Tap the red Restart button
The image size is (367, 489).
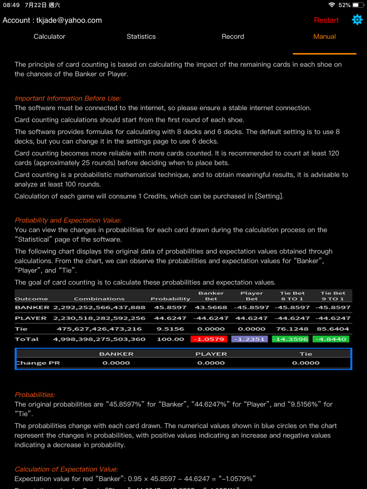(326, 21)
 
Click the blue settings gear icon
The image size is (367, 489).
(357, 20)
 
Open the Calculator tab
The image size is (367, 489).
(50, 37)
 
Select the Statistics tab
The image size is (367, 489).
(141, 37)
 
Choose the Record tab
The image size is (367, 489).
(233, 37)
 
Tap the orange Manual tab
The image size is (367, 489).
(324, 37)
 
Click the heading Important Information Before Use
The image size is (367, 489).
(68, 98)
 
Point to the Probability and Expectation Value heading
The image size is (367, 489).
(68, 220)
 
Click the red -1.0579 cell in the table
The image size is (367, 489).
(209, 339)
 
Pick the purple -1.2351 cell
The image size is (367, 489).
(250, 339)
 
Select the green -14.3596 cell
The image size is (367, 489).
(290, 339)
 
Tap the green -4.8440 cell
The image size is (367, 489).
(331, 339)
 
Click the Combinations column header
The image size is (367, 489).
(99, 299)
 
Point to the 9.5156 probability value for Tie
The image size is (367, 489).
(170, 329)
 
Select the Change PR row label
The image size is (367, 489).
(37, 363)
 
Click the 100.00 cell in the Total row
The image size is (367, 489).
(170, 339)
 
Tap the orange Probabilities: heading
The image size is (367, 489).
(35, 395)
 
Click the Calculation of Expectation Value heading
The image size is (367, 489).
(66, 469)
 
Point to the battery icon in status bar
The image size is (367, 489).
(356, 5)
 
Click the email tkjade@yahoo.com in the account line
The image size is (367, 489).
(69, 21)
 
